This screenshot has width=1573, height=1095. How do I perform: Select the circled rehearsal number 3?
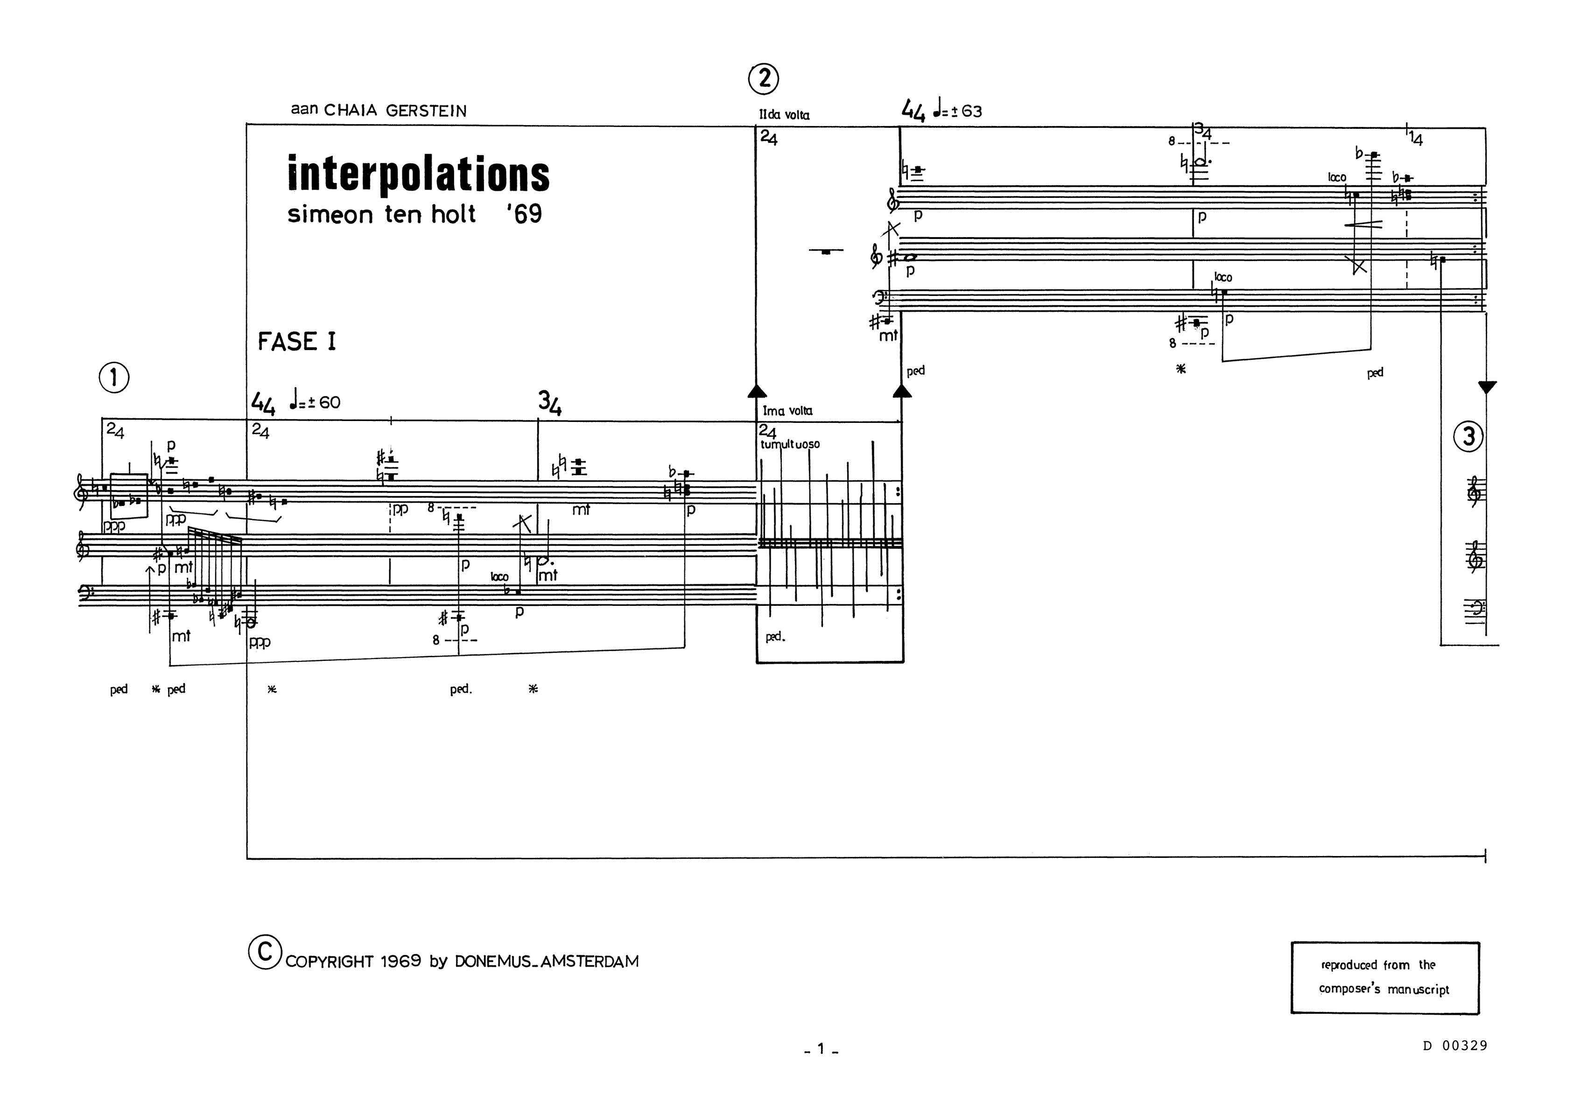click(x=1468, y=436)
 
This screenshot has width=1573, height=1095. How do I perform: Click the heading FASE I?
click(x=297, y=341)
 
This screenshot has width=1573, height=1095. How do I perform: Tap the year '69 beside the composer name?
click(x=524, y=214)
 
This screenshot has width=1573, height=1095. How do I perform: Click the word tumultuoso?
click(x=789, y=444)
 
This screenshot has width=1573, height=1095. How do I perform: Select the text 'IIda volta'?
click(x=784, y=115)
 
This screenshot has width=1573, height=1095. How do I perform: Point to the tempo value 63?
click(x=971, y=111)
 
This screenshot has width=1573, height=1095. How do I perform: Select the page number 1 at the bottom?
click(x=821, y=1048)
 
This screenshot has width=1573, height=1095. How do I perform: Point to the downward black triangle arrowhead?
click(x=1487, y=387)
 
